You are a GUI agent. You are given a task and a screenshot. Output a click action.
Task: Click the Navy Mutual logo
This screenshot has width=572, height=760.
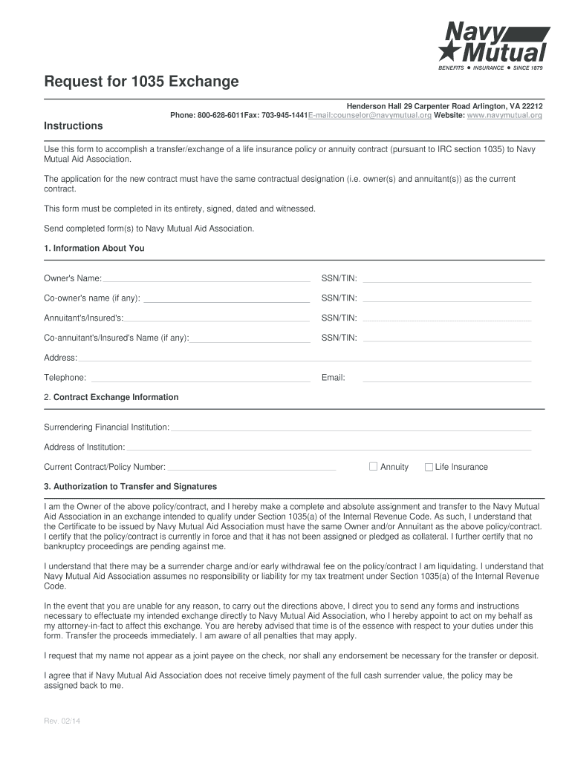pos(493,44)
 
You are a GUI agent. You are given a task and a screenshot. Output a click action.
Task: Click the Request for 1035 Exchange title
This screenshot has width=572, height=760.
pos(141,82)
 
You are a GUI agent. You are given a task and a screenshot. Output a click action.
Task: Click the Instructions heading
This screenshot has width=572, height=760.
pos(74,125)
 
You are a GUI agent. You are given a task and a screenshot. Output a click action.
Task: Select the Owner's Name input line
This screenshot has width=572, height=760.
pos(206,279)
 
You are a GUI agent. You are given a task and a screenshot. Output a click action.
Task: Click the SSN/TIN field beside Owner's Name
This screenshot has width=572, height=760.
pos(446,279)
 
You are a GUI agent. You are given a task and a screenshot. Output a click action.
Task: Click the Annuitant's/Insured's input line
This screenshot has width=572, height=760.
pos(217,318)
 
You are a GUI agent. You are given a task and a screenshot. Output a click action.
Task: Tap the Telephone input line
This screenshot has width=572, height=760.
pos(200,379)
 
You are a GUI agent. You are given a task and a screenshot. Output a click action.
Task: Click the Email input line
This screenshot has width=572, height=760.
pos(446,379)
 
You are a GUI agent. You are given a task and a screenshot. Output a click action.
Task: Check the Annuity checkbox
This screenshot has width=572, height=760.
pos(374,467)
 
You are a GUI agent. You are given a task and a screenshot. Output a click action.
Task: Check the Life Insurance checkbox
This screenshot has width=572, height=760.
pos(429,467)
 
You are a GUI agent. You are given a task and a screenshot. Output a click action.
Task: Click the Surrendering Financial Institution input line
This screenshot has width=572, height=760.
pos(351,428)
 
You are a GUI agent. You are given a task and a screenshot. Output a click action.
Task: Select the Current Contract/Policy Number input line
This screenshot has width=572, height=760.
pos(251,468)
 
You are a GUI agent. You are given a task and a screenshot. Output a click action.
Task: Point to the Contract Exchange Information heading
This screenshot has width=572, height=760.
pos(116,397)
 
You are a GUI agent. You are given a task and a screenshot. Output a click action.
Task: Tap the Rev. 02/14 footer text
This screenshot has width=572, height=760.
pos(62,720)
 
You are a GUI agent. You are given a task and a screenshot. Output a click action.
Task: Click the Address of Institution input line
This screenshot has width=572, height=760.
pos(328,448)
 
